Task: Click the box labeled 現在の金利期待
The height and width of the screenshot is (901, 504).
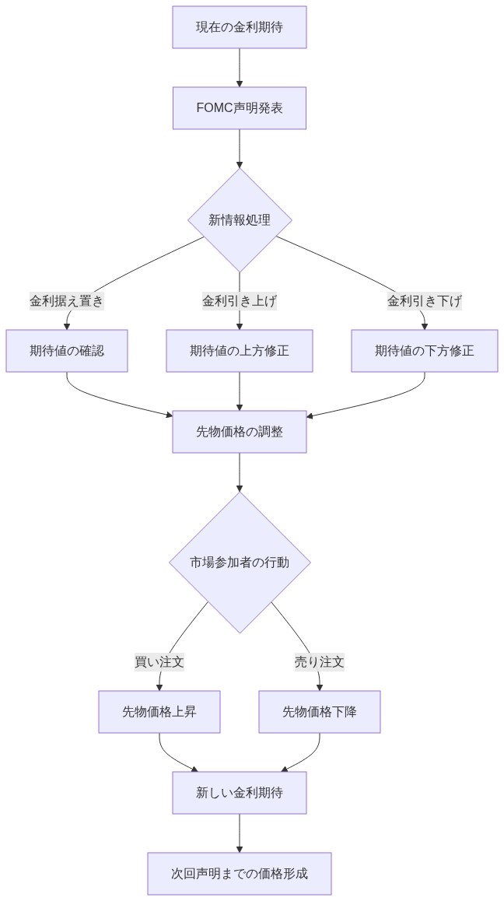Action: point(240,27)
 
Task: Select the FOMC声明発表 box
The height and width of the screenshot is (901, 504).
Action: point(240,108)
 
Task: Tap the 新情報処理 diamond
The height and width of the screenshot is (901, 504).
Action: point(240,219)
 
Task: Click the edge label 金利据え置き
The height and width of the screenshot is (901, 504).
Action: point(67,300)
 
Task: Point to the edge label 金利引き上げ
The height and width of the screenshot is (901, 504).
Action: point(240,300)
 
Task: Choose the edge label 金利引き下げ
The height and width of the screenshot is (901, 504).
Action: point(425,300)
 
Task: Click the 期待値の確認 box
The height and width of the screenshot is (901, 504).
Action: point(67,351)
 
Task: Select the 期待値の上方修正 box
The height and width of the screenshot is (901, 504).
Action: point(240,351)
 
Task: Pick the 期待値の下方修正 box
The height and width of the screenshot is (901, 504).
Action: point(425,351)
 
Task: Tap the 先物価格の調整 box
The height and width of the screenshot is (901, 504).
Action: point(240,432)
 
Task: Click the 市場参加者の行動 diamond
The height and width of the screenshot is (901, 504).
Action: point(240,562)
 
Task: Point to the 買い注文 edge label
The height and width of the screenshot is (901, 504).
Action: point(159,662)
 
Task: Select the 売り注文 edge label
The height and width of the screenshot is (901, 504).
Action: point(319,662)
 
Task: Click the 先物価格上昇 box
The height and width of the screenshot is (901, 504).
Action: point(159,712)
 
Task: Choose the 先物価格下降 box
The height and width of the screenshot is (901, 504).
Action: point(320,712)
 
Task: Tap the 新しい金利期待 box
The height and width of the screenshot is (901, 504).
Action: point(240,793)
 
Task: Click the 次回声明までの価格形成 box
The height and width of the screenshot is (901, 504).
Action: point(240,874)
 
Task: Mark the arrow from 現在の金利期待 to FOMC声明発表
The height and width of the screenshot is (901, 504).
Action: point(240,68)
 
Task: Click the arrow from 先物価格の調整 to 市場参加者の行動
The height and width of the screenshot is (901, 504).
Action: point(240,472)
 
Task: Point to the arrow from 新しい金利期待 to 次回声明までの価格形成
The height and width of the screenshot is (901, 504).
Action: point(240,833)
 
